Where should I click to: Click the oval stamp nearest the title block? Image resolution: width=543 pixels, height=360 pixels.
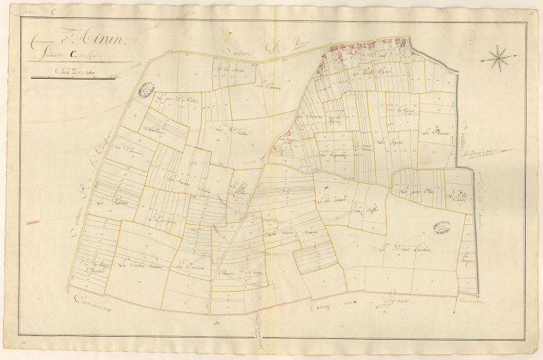point(146,90)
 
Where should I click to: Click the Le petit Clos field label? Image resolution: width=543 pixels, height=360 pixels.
point(412,195)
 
